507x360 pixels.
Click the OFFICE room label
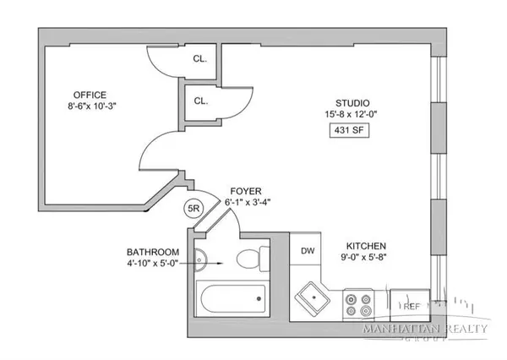90,95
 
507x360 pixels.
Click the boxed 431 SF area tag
349,131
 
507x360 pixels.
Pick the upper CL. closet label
199,61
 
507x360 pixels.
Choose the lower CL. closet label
199,101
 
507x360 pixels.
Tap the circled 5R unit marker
194,208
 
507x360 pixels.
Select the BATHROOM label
153,252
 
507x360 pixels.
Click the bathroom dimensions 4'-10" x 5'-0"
153,265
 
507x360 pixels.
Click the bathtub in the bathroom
230,298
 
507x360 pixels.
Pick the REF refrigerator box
411,306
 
